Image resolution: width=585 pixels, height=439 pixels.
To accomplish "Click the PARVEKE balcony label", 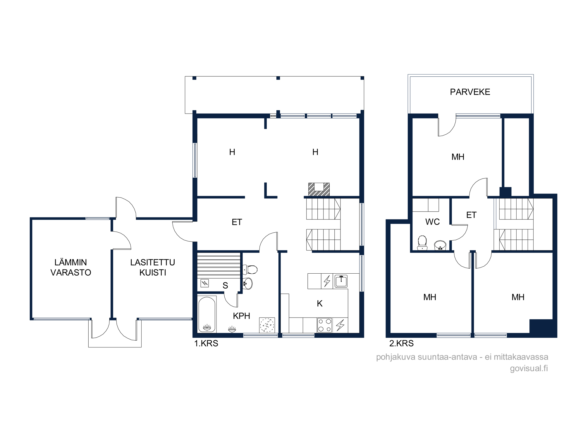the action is coord(470,92).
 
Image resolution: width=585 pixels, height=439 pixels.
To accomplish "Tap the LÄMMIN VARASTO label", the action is coord(71,267).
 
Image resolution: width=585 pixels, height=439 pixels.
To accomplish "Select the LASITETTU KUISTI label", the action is coord(153,267).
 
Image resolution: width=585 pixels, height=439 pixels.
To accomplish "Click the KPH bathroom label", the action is coord(241,316).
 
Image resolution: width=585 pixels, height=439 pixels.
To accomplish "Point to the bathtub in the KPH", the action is coord(207,314).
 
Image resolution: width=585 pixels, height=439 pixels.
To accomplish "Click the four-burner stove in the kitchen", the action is coord(325,325).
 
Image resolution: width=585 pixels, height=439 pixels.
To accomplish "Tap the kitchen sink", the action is coord(341,281).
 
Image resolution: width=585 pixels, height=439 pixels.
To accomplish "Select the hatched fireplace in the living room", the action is coord(319,189).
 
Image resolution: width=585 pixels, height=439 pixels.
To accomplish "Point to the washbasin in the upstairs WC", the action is coord(440,245).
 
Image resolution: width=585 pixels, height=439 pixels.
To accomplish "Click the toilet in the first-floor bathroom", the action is coord(250,270).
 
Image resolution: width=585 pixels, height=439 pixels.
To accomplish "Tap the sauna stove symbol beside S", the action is coord(204,283).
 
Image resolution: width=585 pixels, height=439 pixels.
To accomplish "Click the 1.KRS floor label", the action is coord(206,343).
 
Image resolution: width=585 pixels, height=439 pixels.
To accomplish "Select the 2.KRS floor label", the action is coord(401,343).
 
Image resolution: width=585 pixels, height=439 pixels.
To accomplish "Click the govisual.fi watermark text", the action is coord(529,368).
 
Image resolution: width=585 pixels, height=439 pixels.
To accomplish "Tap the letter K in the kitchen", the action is coord(320,303).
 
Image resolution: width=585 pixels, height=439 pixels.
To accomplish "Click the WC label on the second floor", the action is coord(432,222).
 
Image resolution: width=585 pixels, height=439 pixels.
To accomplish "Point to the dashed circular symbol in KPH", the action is coord(267,325).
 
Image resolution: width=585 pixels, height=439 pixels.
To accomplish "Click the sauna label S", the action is coord(225,285).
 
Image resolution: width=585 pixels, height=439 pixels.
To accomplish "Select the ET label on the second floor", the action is coord(471,215).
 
